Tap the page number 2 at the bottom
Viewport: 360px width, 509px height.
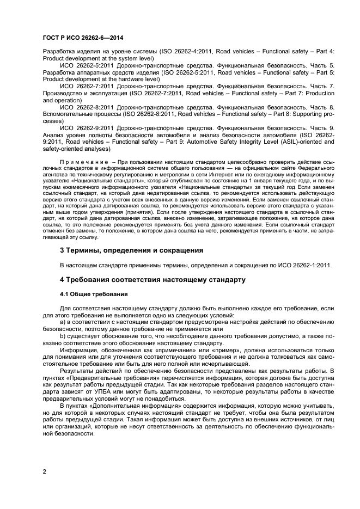pyautogui.click(x=45, y=471)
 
